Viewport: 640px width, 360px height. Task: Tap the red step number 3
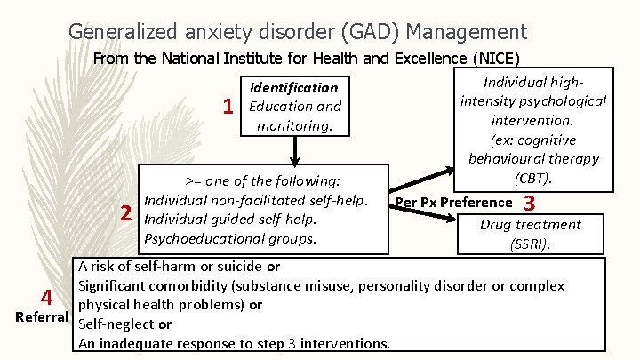pos(530,203)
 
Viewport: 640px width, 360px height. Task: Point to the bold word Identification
pos(293,87)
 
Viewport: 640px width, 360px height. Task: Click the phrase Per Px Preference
pos(453,203)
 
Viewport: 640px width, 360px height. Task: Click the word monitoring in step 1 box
pos(292,125)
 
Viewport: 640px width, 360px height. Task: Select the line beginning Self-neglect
pos(126,324)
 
